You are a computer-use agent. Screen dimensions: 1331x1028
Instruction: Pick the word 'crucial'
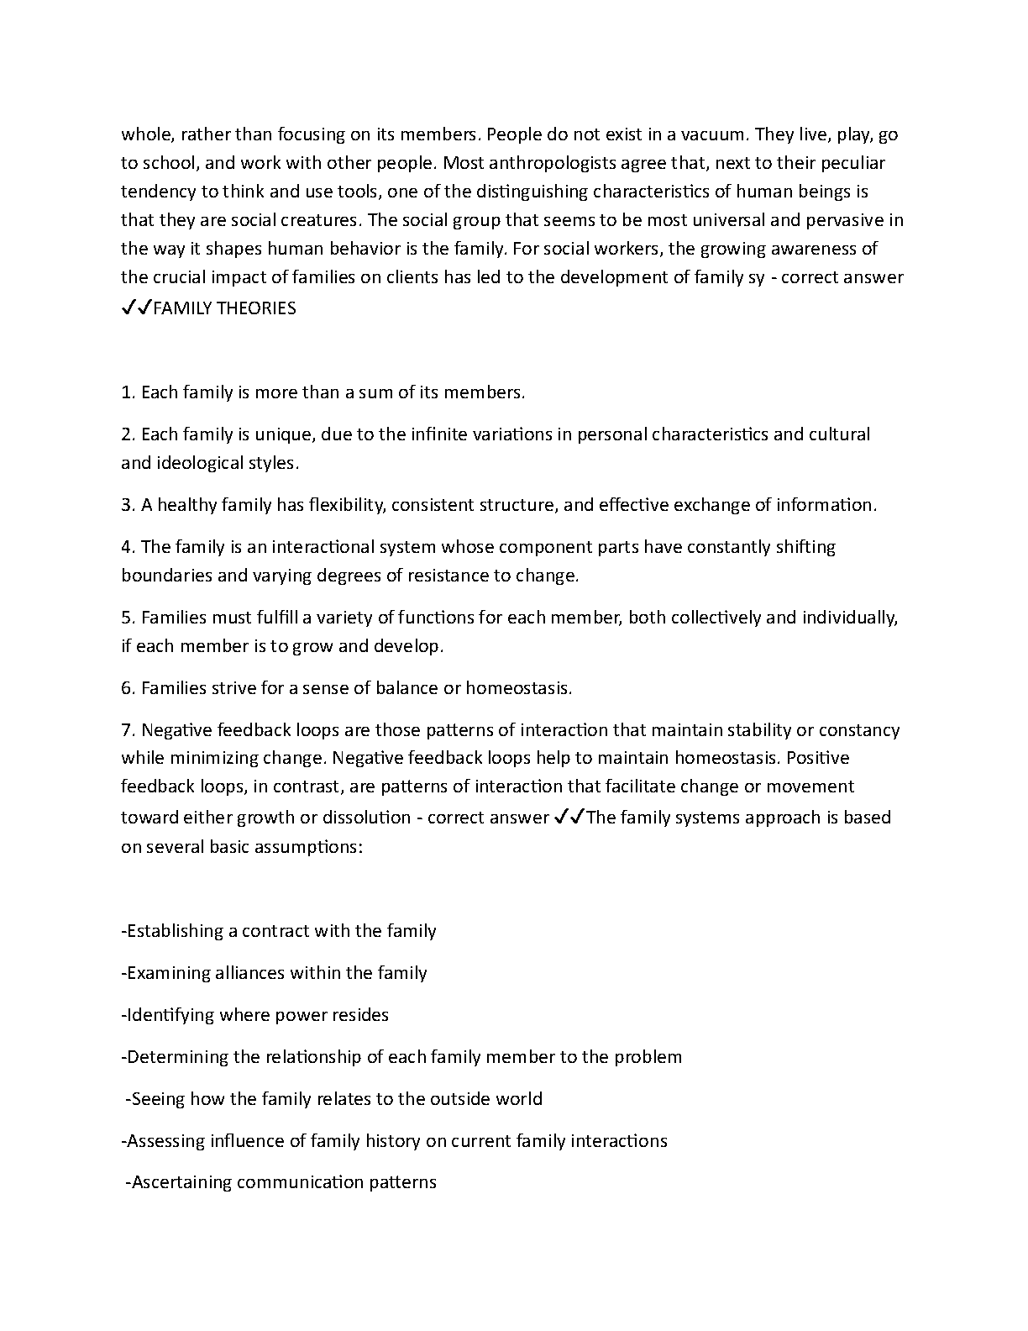point(181,277)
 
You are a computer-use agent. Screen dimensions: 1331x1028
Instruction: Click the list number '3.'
point(128,505)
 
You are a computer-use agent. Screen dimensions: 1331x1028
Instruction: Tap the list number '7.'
point(128,730)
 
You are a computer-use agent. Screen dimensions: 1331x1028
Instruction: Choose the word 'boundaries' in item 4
point(163,576)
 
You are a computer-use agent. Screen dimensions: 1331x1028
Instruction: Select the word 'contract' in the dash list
point(275,931)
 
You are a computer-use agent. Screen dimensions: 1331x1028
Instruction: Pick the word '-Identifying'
point(168,1015)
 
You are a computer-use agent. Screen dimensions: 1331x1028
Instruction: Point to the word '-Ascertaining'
point(178,1182)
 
